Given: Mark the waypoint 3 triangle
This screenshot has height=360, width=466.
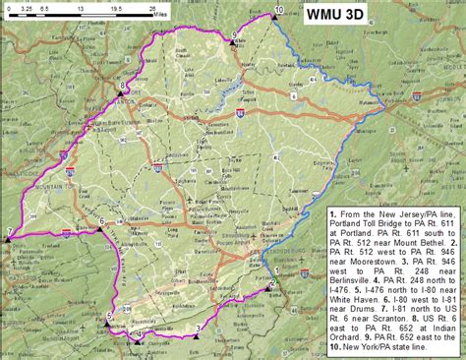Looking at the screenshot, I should pos(197,335).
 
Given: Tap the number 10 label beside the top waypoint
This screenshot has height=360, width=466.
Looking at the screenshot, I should pos(280,9).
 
